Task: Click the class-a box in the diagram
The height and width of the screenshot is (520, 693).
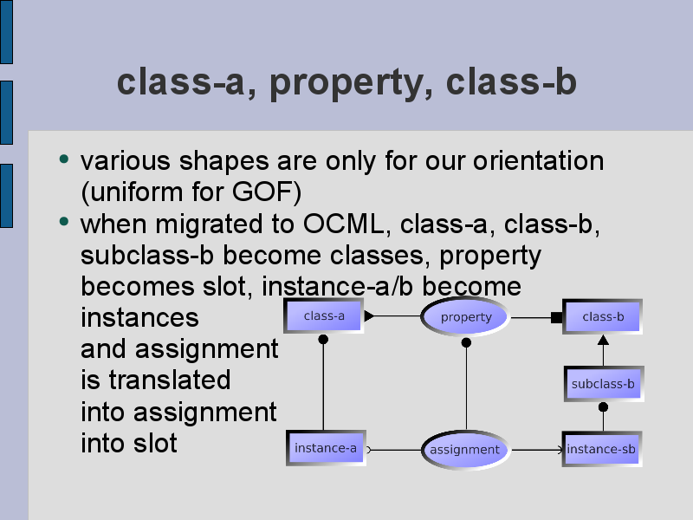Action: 323,315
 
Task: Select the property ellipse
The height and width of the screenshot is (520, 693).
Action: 465,316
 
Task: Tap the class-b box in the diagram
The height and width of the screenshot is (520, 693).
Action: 602,316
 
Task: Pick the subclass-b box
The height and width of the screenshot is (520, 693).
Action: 604,384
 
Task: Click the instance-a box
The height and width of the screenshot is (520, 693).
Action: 326,448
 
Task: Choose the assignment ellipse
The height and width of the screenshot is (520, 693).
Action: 465,450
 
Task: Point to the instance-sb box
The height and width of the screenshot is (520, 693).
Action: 602,449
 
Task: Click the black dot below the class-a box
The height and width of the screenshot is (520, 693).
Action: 323,339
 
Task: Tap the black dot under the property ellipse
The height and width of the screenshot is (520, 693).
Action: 466,342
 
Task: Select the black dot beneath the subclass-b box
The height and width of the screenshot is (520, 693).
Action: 603,406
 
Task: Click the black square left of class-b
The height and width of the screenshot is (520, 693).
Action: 557,317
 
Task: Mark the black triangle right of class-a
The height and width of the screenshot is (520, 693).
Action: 369,315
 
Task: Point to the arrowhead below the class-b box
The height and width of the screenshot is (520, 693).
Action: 603,340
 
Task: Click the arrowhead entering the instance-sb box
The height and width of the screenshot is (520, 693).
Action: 560,450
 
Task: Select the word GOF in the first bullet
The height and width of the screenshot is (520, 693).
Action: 264,192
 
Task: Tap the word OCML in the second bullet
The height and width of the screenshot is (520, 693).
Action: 343,224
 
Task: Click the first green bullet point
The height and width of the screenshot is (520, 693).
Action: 64,159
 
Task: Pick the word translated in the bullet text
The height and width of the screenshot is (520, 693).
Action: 169,380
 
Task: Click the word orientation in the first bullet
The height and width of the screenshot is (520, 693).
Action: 538,160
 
